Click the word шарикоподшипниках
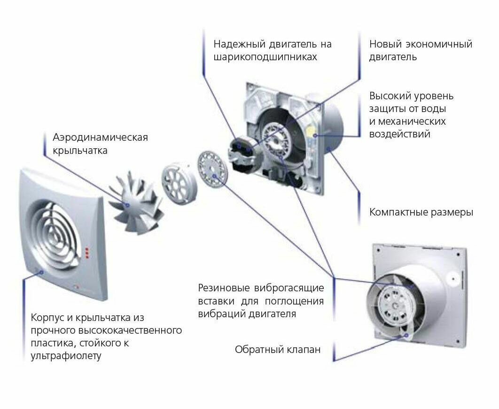pyautogui.click(x=265, y=57)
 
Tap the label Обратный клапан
pyautogui.click(x=278, y=350)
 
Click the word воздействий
pyautogui.click(x=400, y=134)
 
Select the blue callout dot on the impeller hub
pyautogui.click(x=126, y=205)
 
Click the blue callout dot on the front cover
pyautogui.click(x=41, y=272)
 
